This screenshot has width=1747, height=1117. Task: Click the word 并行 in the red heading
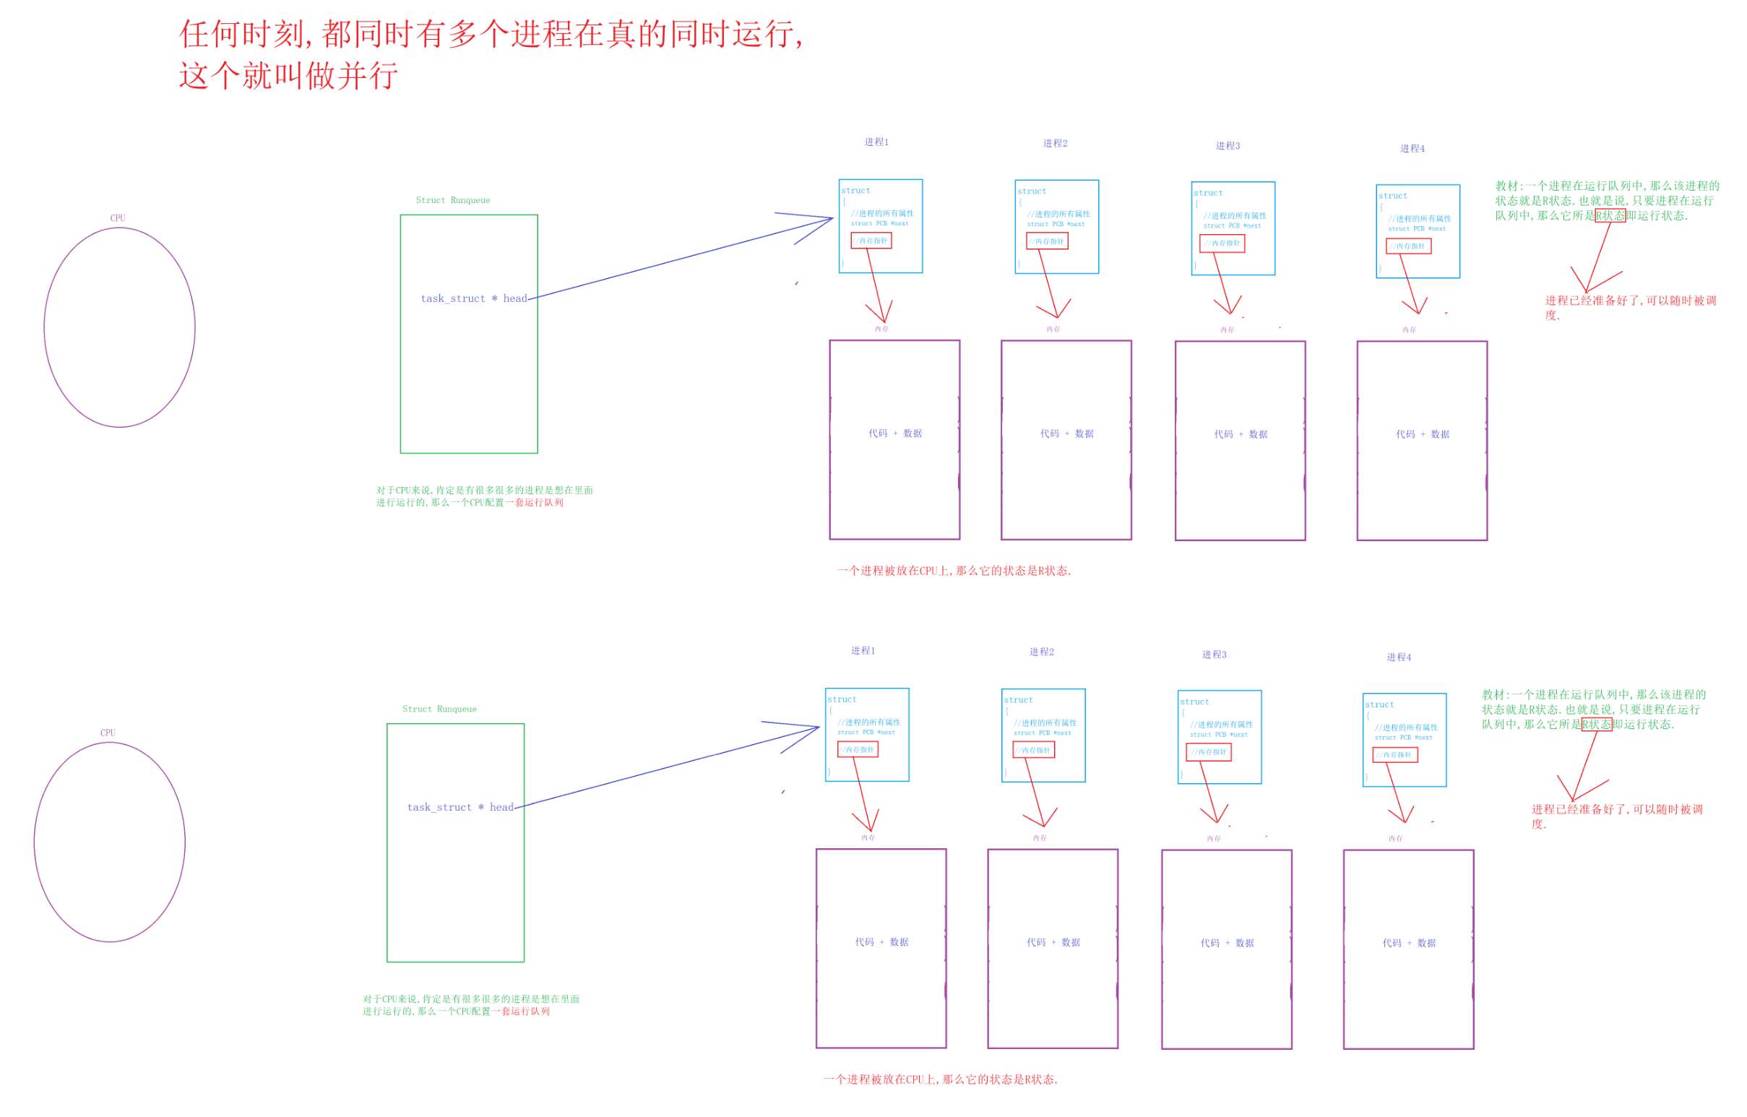click(x=368, y=76)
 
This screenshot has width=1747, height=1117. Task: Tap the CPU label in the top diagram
click(x=118, y=218)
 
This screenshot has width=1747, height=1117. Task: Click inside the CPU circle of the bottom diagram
click(x=110, y=842)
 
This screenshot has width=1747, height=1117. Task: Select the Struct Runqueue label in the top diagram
click(x=453, y=200)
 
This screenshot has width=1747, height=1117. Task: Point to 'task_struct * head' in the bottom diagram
click(x=460, y=807)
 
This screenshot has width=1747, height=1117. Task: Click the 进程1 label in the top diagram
click(x=876, y=142)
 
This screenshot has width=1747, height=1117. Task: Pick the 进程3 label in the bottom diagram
click(x=1214, y=655)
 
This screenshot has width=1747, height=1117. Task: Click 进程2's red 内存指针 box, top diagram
click(x=1047, y=241)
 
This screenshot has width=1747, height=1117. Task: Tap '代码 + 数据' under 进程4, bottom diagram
click(x=1408, y=943)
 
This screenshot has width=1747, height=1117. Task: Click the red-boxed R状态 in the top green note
click(x=1610, y=215)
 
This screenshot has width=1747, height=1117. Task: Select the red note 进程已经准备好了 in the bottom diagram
click(x=1616, y=809)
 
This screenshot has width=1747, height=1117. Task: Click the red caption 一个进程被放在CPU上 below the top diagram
click(x=953, y=571)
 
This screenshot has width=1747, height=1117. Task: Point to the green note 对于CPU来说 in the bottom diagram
click(x=470, y=1004)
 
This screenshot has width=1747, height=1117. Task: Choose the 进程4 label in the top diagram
click(x=1412, y=149)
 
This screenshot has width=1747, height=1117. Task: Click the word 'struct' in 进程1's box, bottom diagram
click(x=842, y=699)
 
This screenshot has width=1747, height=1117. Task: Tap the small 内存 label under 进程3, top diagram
click(x=1227, y=330)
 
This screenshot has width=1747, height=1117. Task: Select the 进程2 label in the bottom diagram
click(x=1041, y=652)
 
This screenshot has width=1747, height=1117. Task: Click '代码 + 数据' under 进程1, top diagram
click(x=894, y=433)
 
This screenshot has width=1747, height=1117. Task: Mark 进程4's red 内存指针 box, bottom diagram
click(x=1394, y=755)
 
